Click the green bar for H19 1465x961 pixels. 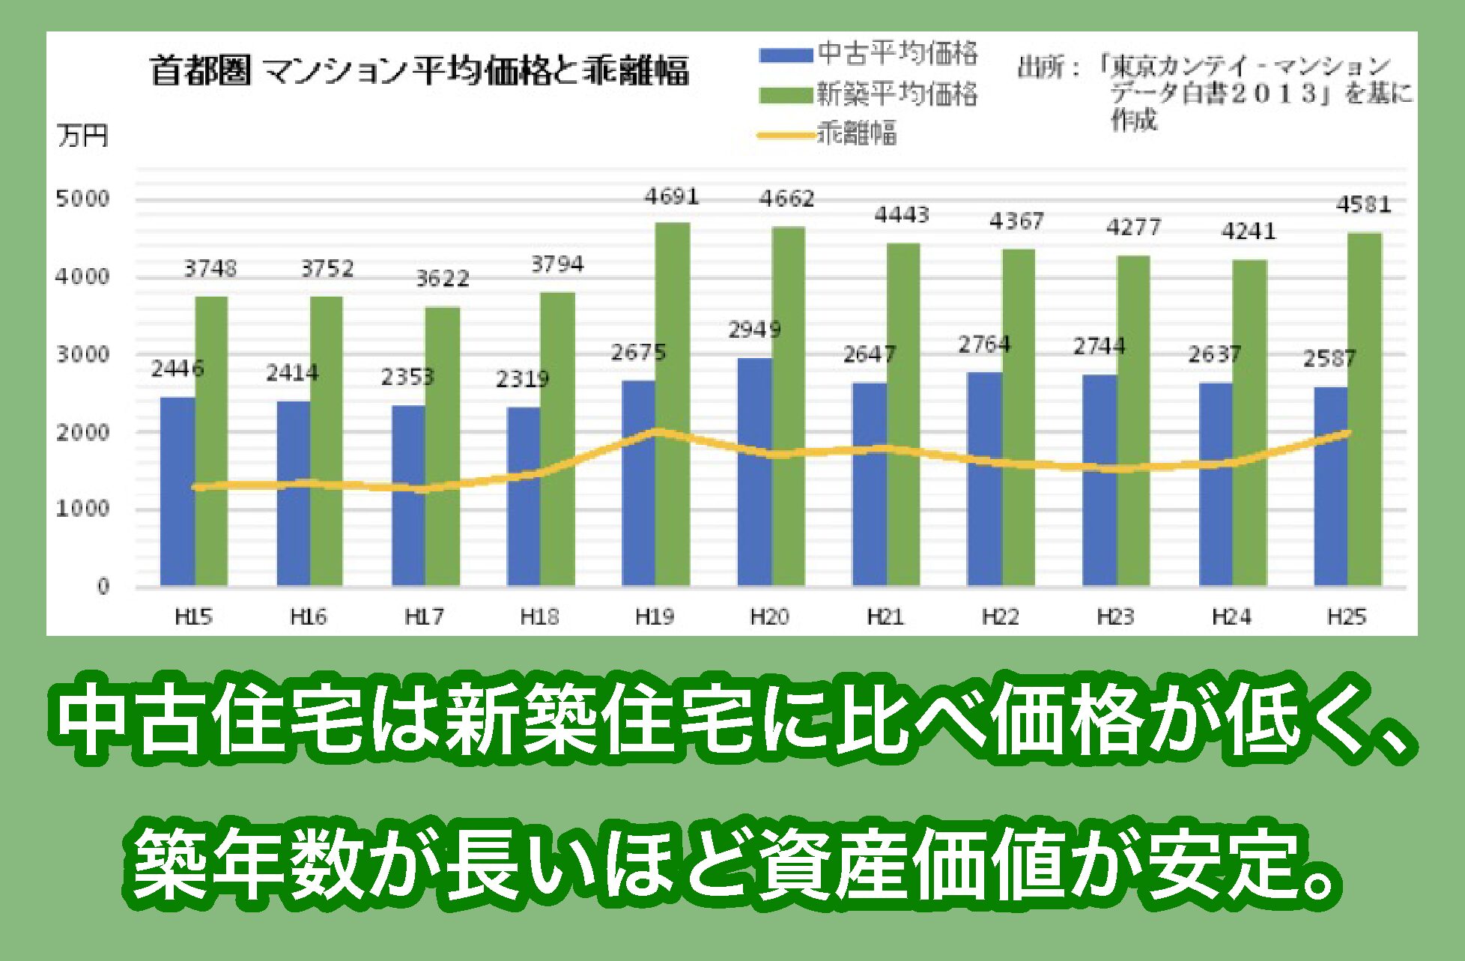(x=673, y=404)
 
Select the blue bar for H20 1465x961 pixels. (x=754, y=472)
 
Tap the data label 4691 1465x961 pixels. (x=672, y=196)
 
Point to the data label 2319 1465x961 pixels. (x=522, y=379)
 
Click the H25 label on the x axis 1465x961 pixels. (x=1346, y=616)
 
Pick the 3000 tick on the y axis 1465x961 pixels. (x=82, y=354)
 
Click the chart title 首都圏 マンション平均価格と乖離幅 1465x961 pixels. (x=419, y=71)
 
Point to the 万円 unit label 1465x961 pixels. (x=82, y=136)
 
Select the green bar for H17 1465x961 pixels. (x=443, y=446)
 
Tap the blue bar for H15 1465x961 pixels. (x=178, y=491)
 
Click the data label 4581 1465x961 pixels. (x=1363, y=204)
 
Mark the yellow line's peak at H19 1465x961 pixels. (x=657, y=431)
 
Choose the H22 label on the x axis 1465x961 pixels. (x=1000, y=616)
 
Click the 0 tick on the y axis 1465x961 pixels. (x=103, y=586)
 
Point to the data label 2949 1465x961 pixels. (x=754, y=330)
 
